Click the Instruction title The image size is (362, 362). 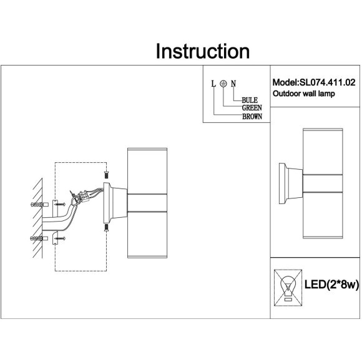[203, 51]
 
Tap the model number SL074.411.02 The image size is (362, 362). [328, 82]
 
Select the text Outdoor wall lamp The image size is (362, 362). [303, 94]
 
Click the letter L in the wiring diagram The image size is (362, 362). [213, 84]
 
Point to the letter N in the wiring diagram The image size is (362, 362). [233, 84]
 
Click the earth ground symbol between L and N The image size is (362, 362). [223, 84]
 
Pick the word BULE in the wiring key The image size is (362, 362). [250, 100]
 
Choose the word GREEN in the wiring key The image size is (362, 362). [252, 108]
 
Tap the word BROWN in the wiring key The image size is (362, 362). [252, 116]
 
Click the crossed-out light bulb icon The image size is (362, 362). [288, 288]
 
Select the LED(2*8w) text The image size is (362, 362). [332, 285]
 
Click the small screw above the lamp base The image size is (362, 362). [106, 174]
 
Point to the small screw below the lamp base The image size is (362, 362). [106, 227]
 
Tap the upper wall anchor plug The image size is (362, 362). [39, 205]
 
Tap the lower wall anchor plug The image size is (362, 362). [39, 238]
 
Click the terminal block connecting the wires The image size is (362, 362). [84, 196]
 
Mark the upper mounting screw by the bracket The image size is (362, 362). [61, 204]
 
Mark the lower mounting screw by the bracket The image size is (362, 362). [61, 238]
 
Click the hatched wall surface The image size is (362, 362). [37, 218]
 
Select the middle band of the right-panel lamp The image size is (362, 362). [323, 183]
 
